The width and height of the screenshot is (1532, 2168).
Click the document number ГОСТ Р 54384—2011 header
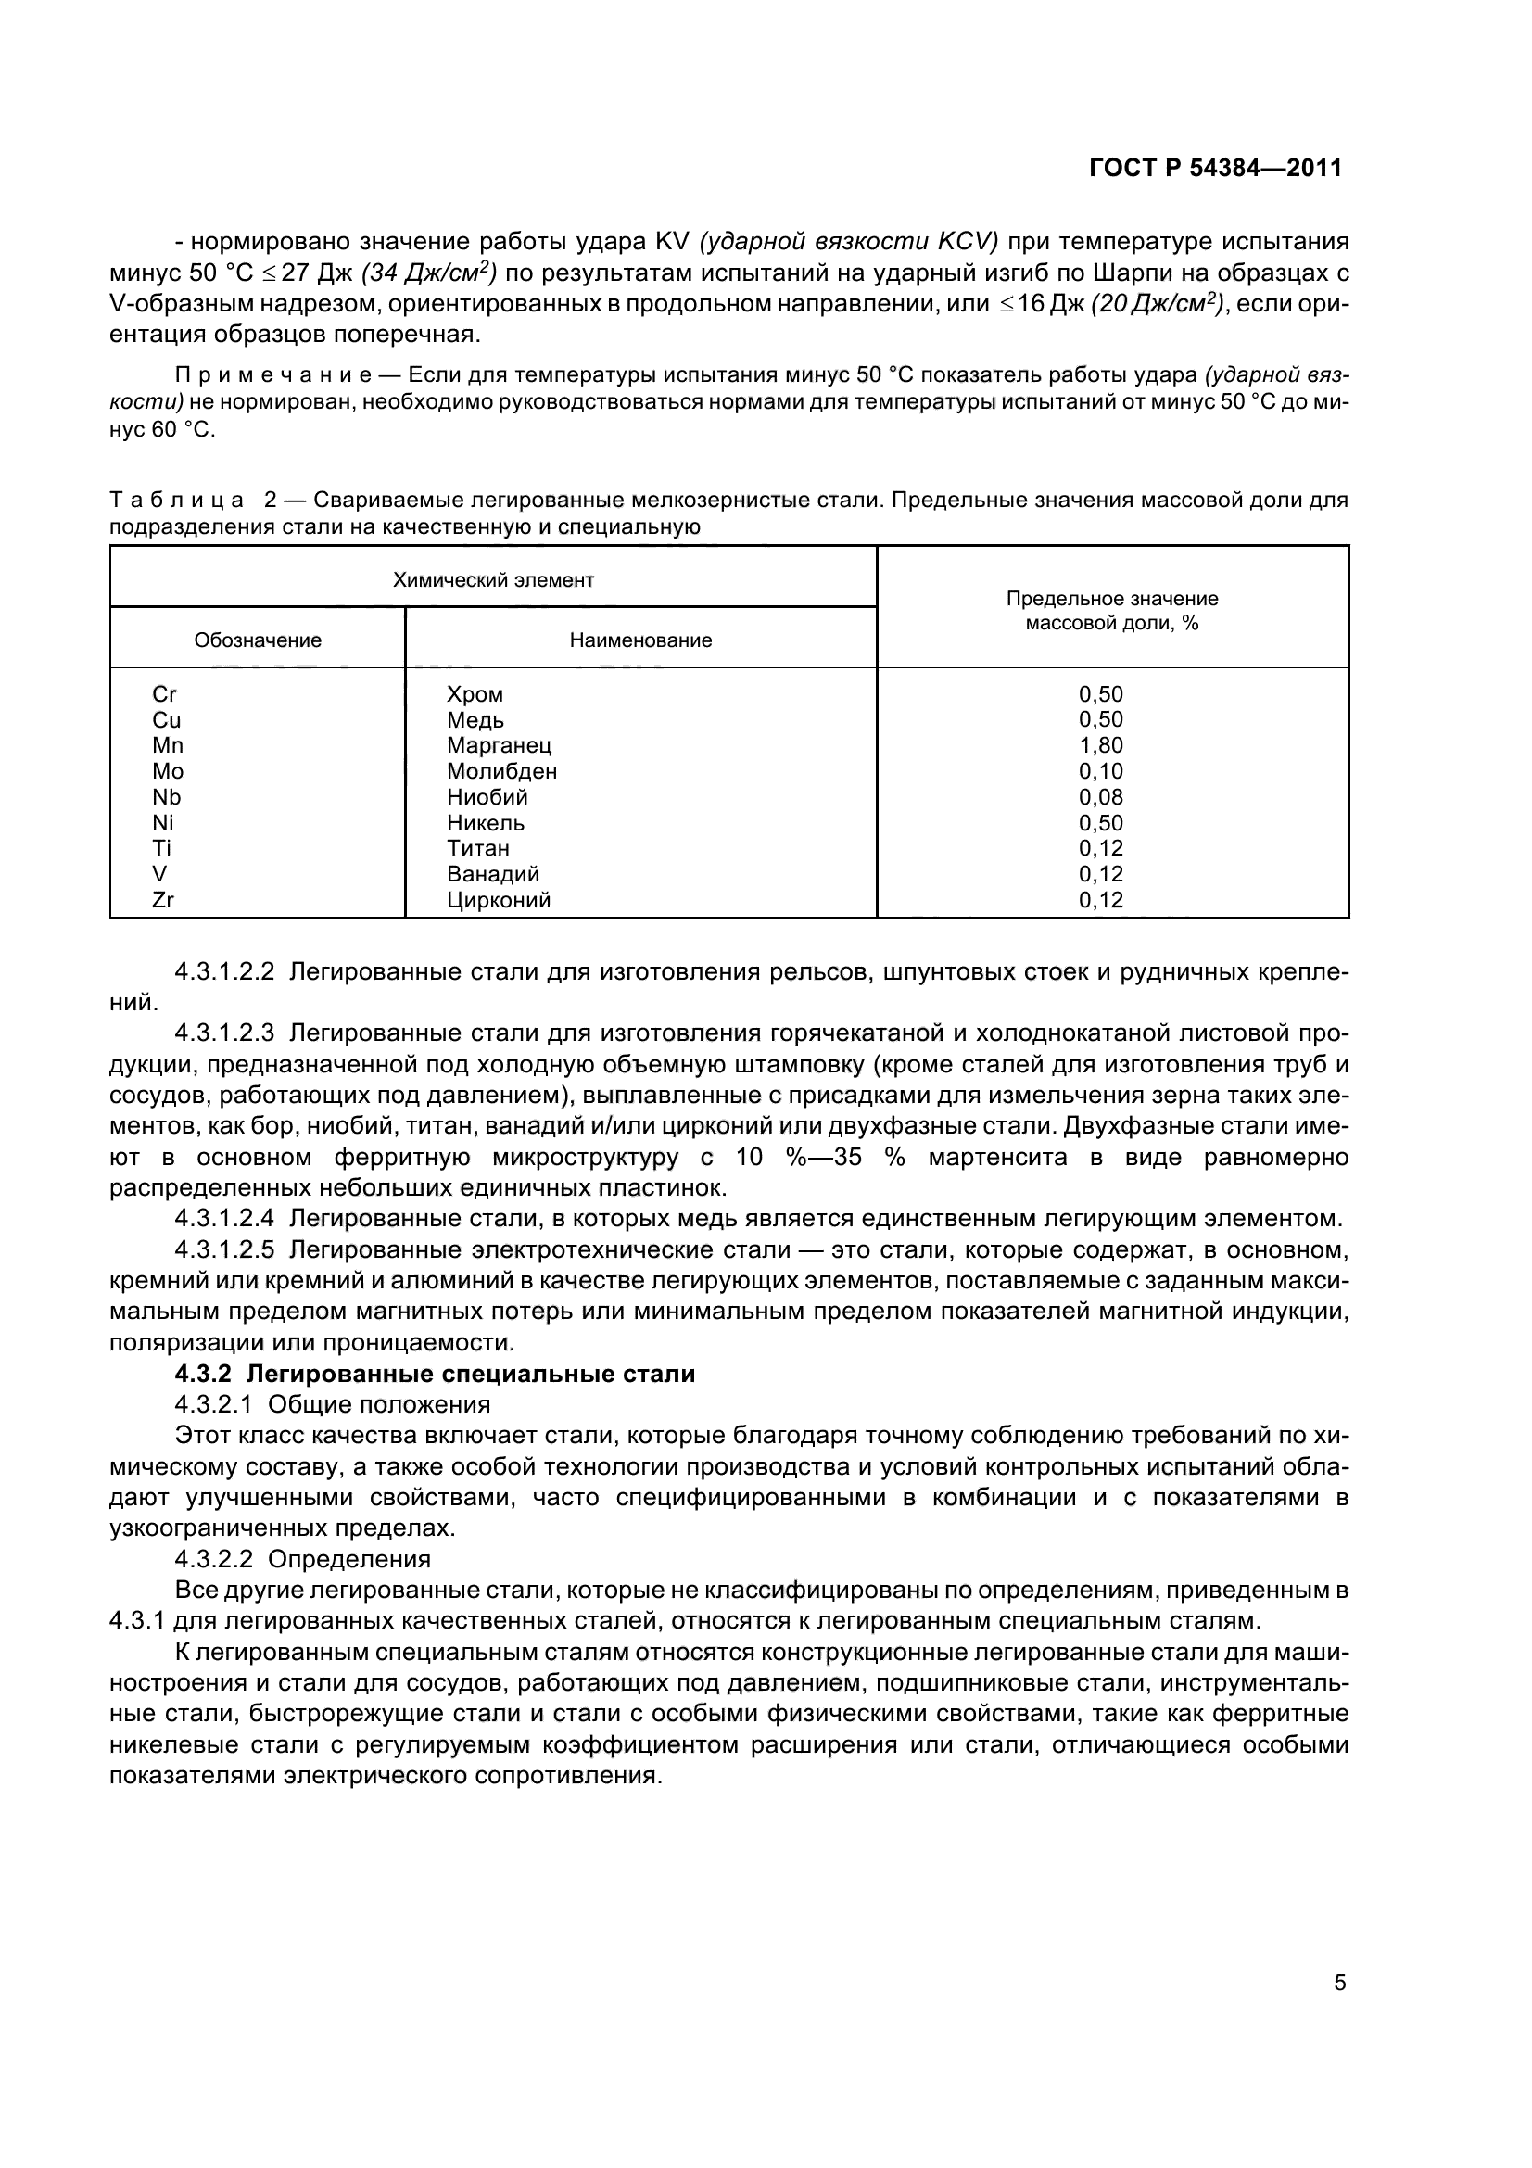tap(1215, 168)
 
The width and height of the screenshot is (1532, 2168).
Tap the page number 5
tap(1339, 1981)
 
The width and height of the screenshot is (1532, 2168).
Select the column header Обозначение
tap(258, 640)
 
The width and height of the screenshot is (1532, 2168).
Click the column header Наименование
tap(640, 640)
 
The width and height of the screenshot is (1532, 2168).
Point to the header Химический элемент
tap(493, 579)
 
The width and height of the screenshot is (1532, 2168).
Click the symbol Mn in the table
tap(167, 745)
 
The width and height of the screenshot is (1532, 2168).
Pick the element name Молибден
tap(501, 770)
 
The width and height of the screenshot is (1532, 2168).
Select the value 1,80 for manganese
tap(1101, 745)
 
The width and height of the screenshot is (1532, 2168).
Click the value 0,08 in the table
tap(1101, 797)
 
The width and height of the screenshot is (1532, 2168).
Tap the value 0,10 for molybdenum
tap(1101, 770)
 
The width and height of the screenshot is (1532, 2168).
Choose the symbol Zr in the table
tap(163, 900)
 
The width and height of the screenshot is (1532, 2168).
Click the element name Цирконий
tap(499, 900)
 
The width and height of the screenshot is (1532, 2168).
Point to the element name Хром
tap(475, 694)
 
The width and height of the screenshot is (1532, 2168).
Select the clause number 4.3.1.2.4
tap(224, 1219)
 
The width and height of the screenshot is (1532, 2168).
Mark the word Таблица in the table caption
tap(176, 500)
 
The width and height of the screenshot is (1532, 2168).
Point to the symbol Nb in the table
tap(166, 797)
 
